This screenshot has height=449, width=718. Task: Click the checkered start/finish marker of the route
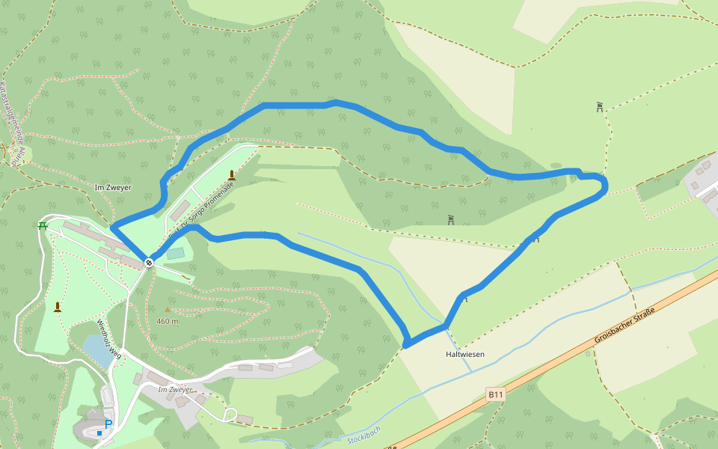(149, 262)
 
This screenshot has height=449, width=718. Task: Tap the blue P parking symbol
(108, 424)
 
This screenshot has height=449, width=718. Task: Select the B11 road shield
(495, 394)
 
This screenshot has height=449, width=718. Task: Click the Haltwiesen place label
(465, 353)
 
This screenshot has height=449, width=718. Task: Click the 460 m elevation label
(168, 321)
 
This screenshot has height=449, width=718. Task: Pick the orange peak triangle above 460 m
(168, 309)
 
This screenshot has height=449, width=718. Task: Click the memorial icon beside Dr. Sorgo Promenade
(232, 175)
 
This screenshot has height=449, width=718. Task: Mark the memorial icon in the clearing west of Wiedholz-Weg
(58, 306)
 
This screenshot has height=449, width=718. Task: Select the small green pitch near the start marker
(175, 254)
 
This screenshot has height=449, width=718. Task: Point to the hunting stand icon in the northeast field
(600, 107)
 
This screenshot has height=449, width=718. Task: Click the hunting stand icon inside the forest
(451, 220)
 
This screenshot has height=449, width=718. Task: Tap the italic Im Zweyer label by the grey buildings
(176, 390)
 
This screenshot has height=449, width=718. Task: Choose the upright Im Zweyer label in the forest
(113, 187)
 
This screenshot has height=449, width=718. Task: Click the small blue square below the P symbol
(99, 433)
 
